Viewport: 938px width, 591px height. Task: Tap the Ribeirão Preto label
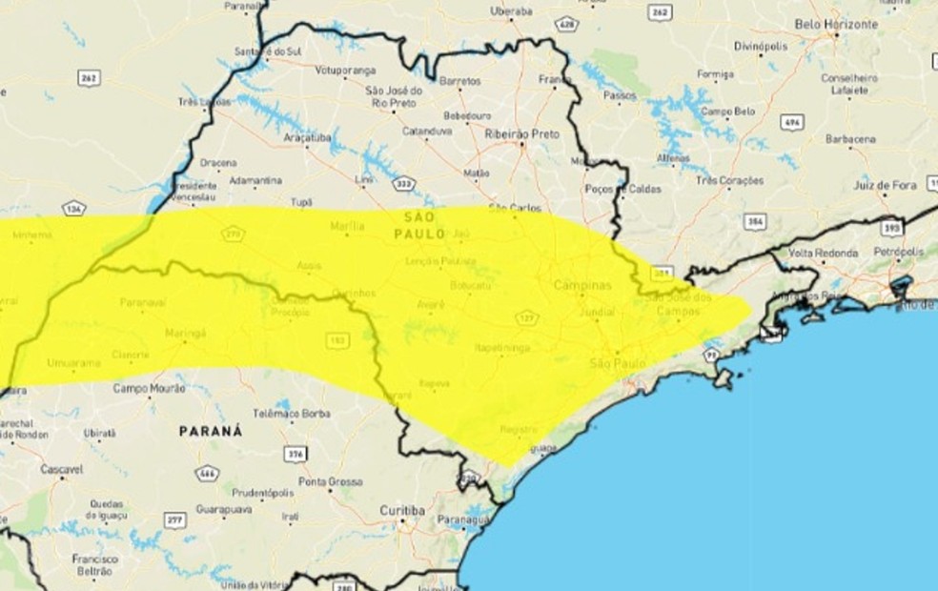pyautogui.click(x=520, y=134)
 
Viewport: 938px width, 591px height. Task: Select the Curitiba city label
pyautogui.click(x=401, y=511)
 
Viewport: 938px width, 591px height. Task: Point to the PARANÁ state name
pyautogui.click(x=211, y=431)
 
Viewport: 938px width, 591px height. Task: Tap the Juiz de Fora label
pyautogui.click(x=884, y=185)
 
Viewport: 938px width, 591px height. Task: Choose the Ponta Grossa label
pyautogui.click(x=330, y=482)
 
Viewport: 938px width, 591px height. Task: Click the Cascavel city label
pyautogui.click(x=60, y=469)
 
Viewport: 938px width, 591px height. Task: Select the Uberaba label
pyautogui.click(x=511, y=10)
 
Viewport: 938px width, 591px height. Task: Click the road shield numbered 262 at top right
pyautogui.click(x=659, y=11)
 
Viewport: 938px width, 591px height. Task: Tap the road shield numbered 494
pyautogui.click(x=790, y=122)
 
